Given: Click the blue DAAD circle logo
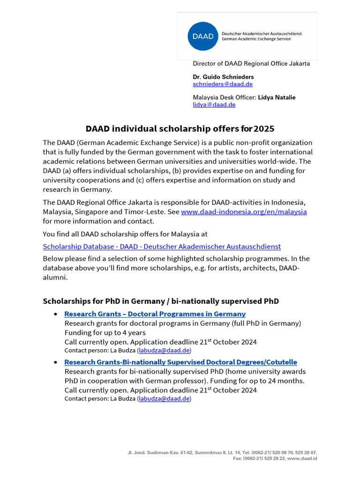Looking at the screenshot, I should pyautogui.click(x=203, y=36).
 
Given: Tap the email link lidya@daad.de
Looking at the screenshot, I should pyautogui.click(x=214, y=105).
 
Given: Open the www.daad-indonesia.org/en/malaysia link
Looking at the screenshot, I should pyautogui.click(x=244, y=212).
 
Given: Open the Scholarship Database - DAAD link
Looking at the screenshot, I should pyautogui.click(x=162, y=247).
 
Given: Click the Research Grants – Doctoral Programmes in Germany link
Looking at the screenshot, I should pyautogui.click(x=155, y=314).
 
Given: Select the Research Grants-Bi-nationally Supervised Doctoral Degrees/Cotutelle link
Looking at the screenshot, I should pyautogui.click(x=180, y=362).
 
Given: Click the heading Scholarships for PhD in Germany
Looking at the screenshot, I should pyautogui.click(x=160, y=301).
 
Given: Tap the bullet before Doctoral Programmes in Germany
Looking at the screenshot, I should pyautogui.click(x=56, y=314).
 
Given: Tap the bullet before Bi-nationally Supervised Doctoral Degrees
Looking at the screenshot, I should pyautogui.click(x=56, y=362).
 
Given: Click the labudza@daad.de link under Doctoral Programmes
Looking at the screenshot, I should pyautogui.click(x=164, y=351).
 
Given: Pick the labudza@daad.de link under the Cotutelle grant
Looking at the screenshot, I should pyautogui.click(x=164, y=399).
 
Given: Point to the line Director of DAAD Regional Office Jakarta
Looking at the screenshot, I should pyautogui.click(x=251, y=64).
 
